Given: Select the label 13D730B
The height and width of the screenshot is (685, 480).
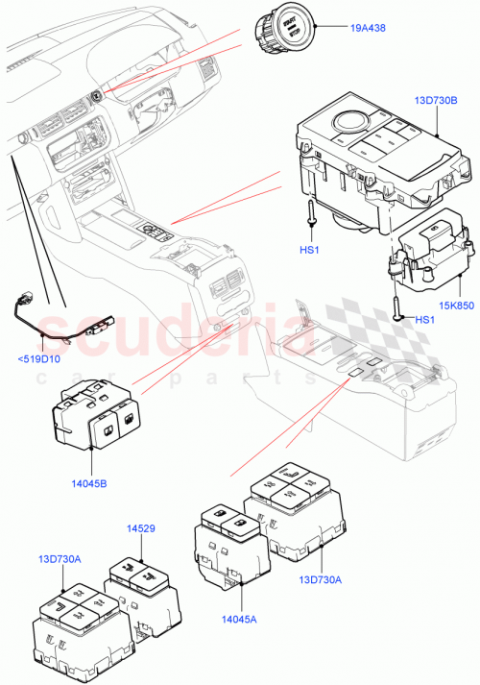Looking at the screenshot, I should click(x=436, y=99).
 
